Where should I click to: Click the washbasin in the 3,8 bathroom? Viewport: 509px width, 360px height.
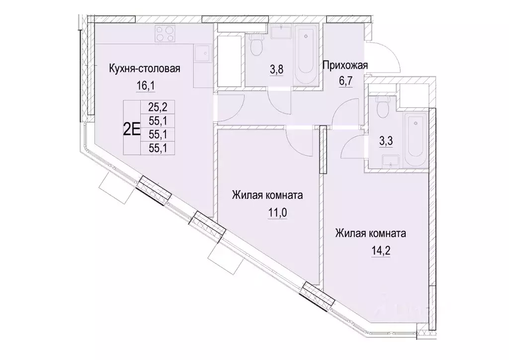(280, 31)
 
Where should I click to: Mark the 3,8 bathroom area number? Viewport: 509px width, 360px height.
(276, 70)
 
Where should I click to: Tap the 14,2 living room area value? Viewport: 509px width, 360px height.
(371, 251)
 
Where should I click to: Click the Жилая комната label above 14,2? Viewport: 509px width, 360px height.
(371, 233)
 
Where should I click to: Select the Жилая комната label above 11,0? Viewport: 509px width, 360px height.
(267, 195)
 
